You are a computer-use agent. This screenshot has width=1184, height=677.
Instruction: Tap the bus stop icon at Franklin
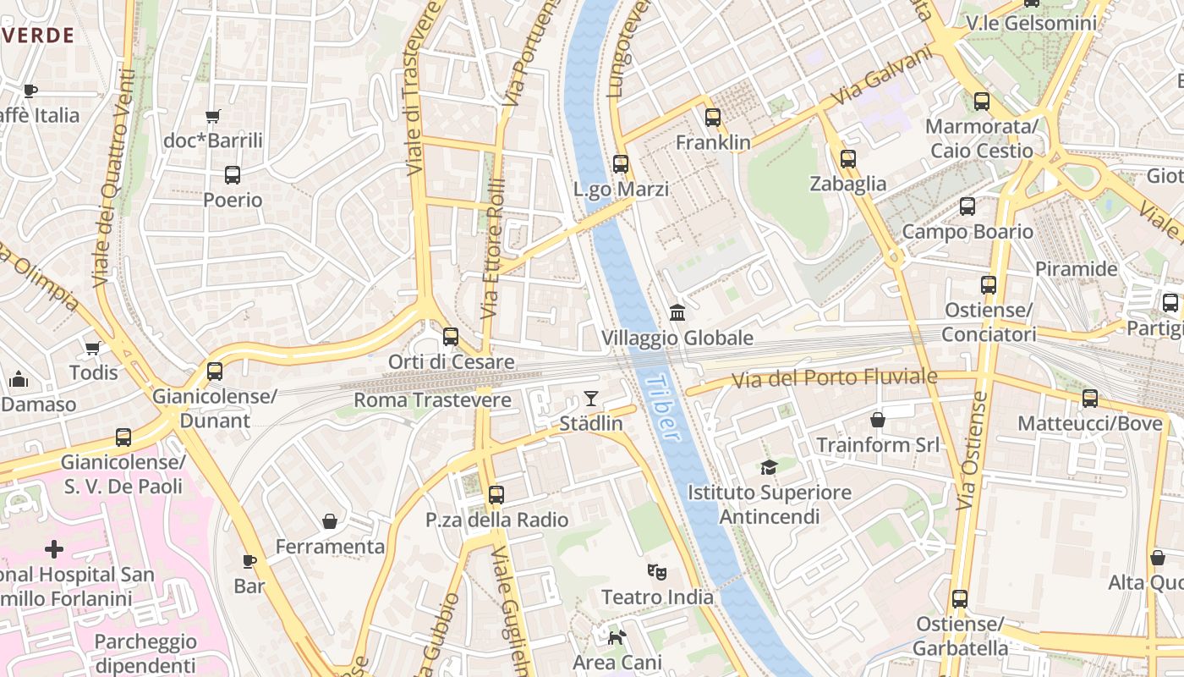coord(713,118)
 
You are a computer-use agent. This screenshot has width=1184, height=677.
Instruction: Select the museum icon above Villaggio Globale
coord(677,313)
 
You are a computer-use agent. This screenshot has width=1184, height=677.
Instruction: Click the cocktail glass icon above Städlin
coord(591,398)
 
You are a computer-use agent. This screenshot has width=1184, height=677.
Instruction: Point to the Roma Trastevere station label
coord(432,399)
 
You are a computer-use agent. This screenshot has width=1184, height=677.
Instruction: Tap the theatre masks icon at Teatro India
coord(657,572)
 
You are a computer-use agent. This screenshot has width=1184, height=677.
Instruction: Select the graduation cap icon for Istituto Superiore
coord(769,467)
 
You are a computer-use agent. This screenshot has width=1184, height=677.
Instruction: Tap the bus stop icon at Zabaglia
coord(848,158)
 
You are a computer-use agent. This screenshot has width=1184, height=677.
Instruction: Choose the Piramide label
coord(1077,269)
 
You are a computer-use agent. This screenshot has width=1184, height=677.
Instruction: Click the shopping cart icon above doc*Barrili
coord(213,116)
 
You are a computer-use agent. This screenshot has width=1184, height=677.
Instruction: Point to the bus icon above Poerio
coord(233,175)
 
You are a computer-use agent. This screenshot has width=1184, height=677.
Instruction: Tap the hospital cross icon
coord(54,550)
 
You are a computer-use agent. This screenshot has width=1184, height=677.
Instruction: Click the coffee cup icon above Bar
coord(249,561)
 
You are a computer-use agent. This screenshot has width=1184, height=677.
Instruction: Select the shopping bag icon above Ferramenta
coord(330,521)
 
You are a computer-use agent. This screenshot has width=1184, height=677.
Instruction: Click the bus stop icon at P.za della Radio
coord(496,495)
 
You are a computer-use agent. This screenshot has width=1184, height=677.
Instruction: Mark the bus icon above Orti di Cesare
coord(451,337)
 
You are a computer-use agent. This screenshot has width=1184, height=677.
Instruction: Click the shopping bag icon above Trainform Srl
coord(878,420)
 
